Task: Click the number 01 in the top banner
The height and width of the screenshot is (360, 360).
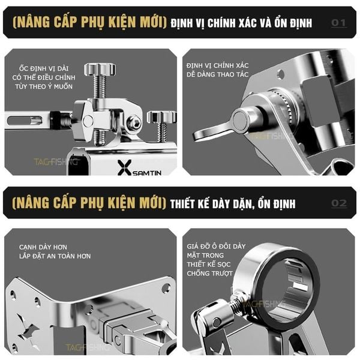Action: [338, 23]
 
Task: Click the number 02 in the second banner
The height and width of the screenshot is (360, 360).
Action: [339, 203]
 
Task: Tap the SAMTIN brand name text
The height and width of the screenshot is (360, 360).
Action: [147, 173]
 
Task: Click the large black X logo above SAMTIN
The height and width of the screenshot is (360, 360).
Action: [124, 167]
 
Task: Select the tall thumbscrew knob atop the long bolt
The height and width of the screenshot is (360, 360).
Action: [100, 69]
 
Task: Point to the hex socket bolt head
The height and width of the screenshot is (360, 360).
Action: [134, 123]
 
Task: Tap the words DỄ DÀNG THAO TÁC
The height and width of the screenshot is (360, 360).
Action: [217, 74]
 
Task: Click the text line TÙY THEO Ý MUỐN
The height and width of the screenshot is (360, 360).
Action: [44, 86]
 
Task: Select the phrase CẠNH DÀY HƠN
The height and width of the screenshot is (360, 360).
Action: [43, 247]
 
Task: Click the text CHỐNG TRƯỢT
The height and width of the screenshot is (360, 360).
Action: [209, 274]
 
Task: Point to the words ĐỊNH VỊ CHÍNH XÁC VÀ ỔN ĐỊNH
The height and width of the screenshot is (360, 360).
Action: [241, 23]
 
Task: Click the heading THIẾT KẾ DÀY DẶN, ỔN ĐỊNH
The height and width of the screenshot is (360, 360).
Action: [233, 203]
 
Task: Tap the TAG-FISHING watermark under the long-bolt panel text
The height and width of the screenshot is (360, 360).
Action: [56, 162]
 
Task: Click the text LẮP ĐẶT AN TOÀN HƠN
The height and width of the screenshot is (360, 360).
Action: [55, 256]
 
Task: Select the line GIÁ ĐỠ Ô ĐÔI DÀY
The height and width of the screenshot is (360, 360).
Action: [216, 247]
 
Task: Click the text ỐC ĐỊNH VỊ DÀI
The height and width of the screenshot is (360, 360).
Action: [44, 68]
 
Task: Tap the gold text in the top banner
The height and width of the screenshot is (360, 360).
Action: [89, 23]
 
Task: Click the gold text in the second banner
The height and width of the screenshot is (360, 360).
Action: [89, 203]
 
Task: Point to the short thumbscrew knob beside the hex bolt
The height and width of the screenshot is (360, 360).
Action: [161, 117]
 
